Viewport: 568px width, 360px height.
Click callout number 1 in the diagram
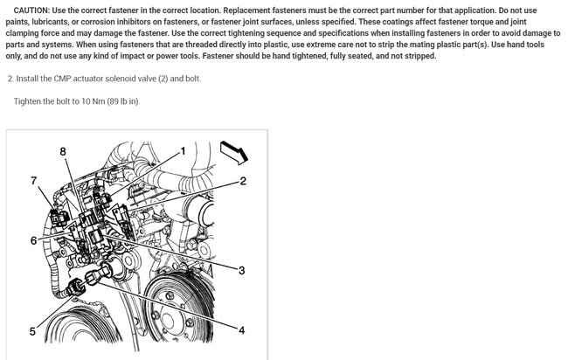[x=183, y=150]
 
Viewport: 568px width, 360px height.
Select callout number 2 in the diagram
[x=243, y=180]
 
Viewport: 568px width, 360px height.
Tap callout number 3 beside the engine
[x=241, y=270]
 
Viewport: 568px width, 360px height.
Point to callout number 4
[x=241, y=330]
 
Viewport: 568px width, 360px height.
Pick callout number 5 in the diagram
[x=32, y=331]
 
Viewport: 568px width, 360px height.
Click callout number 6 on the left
[x=34, y=240]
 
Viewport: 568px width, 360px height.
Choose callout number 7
[x=34, y=180]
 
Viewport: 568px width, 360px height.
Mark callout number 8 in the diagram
[x=63, y=151]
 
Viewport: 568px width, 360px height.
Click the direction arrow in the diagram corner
[x=234, y=152]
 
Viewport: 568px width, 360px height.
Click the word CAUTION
[x=31, y=10]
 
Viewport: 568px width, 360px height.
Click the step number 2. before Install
[x=10, y=79]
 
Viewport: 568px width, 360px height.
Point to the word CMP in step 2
[x=62, y=79]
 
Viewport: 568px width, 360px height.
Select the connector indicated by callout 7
[x=59, y=217]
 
